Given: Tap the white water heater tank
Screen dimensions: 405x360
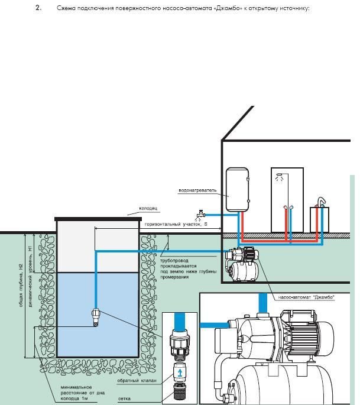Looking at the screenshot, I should (x=238, y=188).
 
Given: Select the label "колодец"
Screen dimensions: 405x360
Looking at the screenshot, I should (x=148, y=209).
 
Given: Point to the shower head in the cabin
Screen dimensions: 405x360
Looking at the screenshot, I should (x=280, y=176).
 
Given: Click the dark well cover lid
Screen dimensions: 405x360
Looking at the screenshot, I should (x=97, y=219).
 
